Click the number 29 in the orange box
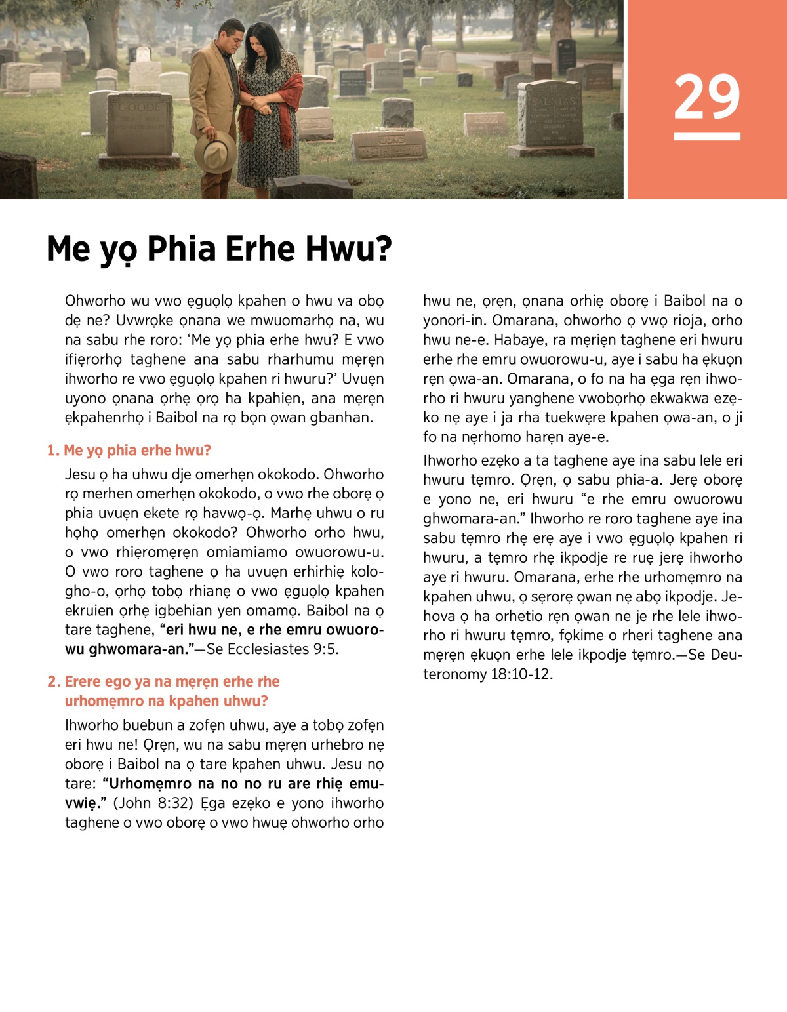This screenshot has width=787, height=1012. pyautogui.click(x=706, y=97)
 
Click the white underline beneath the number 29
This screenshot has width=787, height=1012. pyautogui.click(x=706, y=136)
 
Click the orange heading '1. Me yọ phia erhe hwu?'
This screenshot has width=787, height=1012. pyautogui.click(x=129, y=451)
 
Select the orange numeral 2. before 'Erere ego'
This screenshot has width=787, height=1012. pyautogui.click(x=54, y=682)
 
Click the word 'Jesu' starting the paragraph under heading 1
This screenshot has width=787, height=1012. pyautogui.click(x=79, y=474)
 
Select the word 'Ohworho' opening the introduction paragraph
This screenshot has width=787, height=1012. pyautogui.click(x=94, y=301)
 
